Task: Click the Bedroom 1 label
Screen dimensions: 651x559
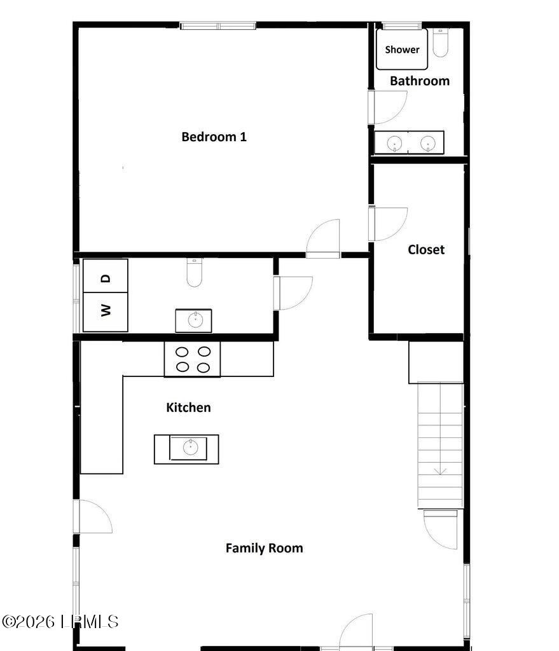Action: point(214,137)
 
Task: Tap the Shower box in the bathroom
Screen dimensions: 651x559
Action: point(402,50)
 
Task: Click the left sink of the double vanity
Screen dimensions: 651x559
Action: point(395,143)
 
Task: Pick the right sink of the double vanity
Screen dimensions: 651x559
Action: point(428,143)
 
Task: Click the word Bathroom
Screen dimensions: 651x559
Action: point(419,81)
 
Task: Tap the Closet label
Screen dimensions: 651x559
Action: point(425,250)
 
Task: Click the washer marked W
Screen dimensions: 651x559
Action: point(106,312)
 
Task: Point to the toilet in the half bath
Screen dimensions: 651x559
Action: point(194,273)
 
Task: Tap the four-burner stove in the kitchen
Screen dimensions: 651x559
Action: point(193,359)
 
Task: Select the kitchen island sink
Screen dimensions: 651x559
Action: point(190,448)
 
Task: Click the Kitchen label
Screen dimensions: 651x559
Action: point(188,408)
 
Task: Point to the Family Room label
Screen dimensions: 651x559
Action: point(264,548)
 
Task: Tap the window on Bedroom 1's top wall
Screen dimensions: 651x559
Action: point(218,26)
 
